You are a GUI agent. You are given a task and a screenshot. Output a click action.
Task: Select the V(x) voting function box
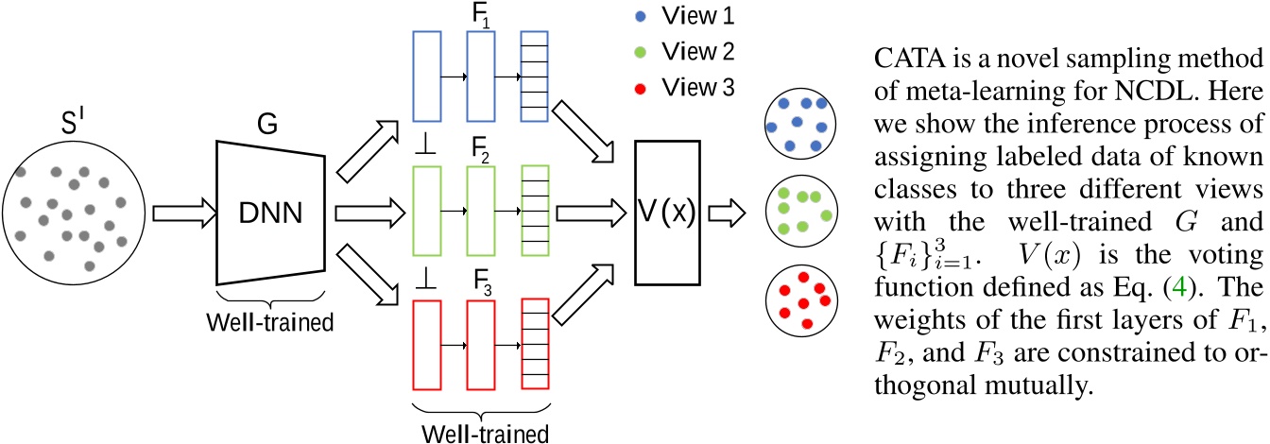tap(667, 213)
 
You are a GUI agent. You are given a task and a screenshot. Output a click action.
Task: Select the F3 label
tap(476, 284)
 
